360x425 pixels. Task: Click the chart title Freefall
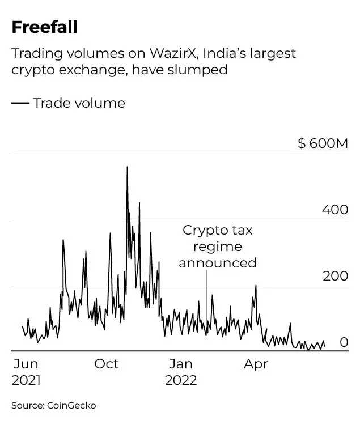click(44, 27)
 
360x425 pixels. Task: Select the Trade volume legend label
click(79, 103)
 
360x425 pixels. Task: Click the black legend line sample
click(20, 103)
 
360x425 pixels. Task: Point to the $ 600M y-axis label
click(323, 143)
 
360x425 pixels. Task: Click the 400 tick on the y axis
click(334, 210)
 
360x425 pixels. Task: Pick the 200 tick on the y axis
click(334, 277)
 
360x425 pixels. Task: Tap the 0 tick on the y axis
click(344, 342)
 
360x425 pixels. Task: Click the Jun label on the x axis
click(26, 364)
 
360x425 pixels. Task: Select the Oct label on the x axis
click(106, 364)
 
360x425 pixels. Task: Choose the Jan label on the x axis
click(181, 364)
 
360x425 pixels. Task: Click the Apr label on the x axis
click(256, 364)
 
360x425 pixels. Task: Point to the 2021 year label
click(26, 380)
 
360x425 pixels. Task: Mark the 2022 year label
click(181, 380)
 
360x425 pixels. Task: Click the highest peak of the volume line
click(127, 167)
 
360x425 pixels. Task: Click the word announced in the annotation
click(218, 263)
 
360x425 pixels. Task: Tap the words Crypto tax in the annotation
click(217, 231)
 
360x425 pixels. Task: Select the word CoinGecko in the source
click(72, 405)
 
